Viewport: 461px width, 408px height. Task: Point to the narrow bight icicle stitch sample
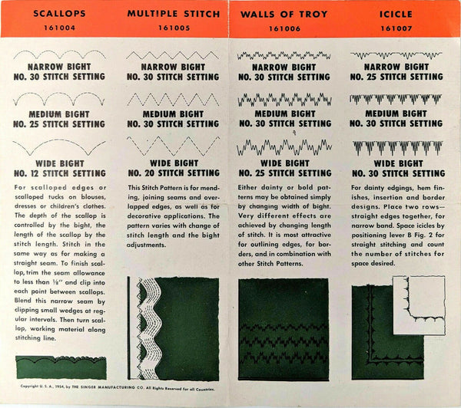pyautogui.click(x=387, y=55)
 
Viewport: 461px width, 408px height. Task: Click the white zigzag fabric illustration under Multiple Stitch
pyautogui.click(x=154, y=330)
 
